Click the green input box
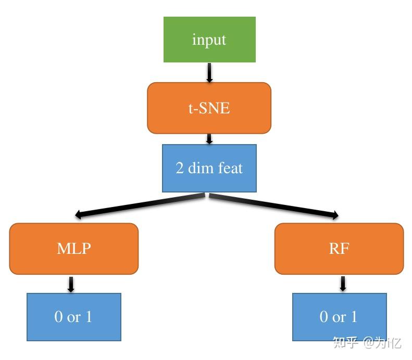tap(209, 40)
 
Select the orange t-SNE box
tap(209, 108)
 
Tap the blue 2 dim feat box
tap(209, 168)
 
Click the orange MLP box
tap(73, 249)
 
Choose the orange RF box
tap(339, 249)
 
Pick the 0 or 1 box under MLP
tap(73, 317)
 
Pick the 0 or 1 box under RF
tap(339, 317)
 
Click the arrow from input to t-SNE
tap(209, 72)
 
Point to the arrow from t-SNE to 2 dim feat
tap(209, 139)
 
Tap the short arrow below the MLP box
tap(71, 284)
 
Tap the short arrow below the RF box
tap(343, 284)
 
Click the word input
tap(209, 40)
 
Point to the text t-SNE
tap(209, 108)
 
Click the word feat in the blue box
tap(230, 168)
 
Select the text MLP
tap(73, 248)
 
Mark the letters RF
tap(339, 248)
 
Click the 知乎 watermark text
tap(345, 343)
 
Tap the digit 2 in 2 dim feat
tap(180, 168)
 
